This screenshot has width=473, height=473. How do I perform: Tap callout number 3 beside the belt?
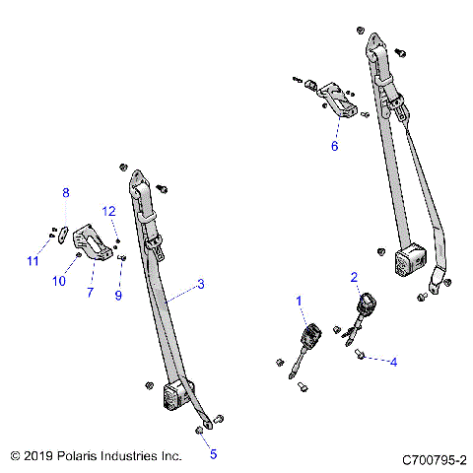coord(200,285)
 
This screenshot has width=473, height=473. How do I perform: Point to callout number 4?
coord(393,363)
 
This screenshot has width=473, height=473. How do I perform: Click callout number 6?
coord(334,146)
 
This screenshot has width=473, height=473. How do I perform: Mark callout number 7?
coord(90,293)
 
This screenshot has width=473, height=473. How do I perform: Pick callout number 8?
coord(66,192)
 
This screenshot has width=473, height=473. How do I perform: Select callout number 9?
coord(119,294)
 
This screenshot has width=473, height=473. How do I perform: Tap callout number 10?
coord(59,281)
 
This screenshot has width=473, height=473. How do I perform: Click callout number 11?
coord(32,260)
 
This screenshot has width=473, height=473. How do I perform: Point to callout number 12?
coord(110,211)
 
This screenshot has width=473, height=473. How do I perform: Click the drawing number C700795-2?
coord(434,459)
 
